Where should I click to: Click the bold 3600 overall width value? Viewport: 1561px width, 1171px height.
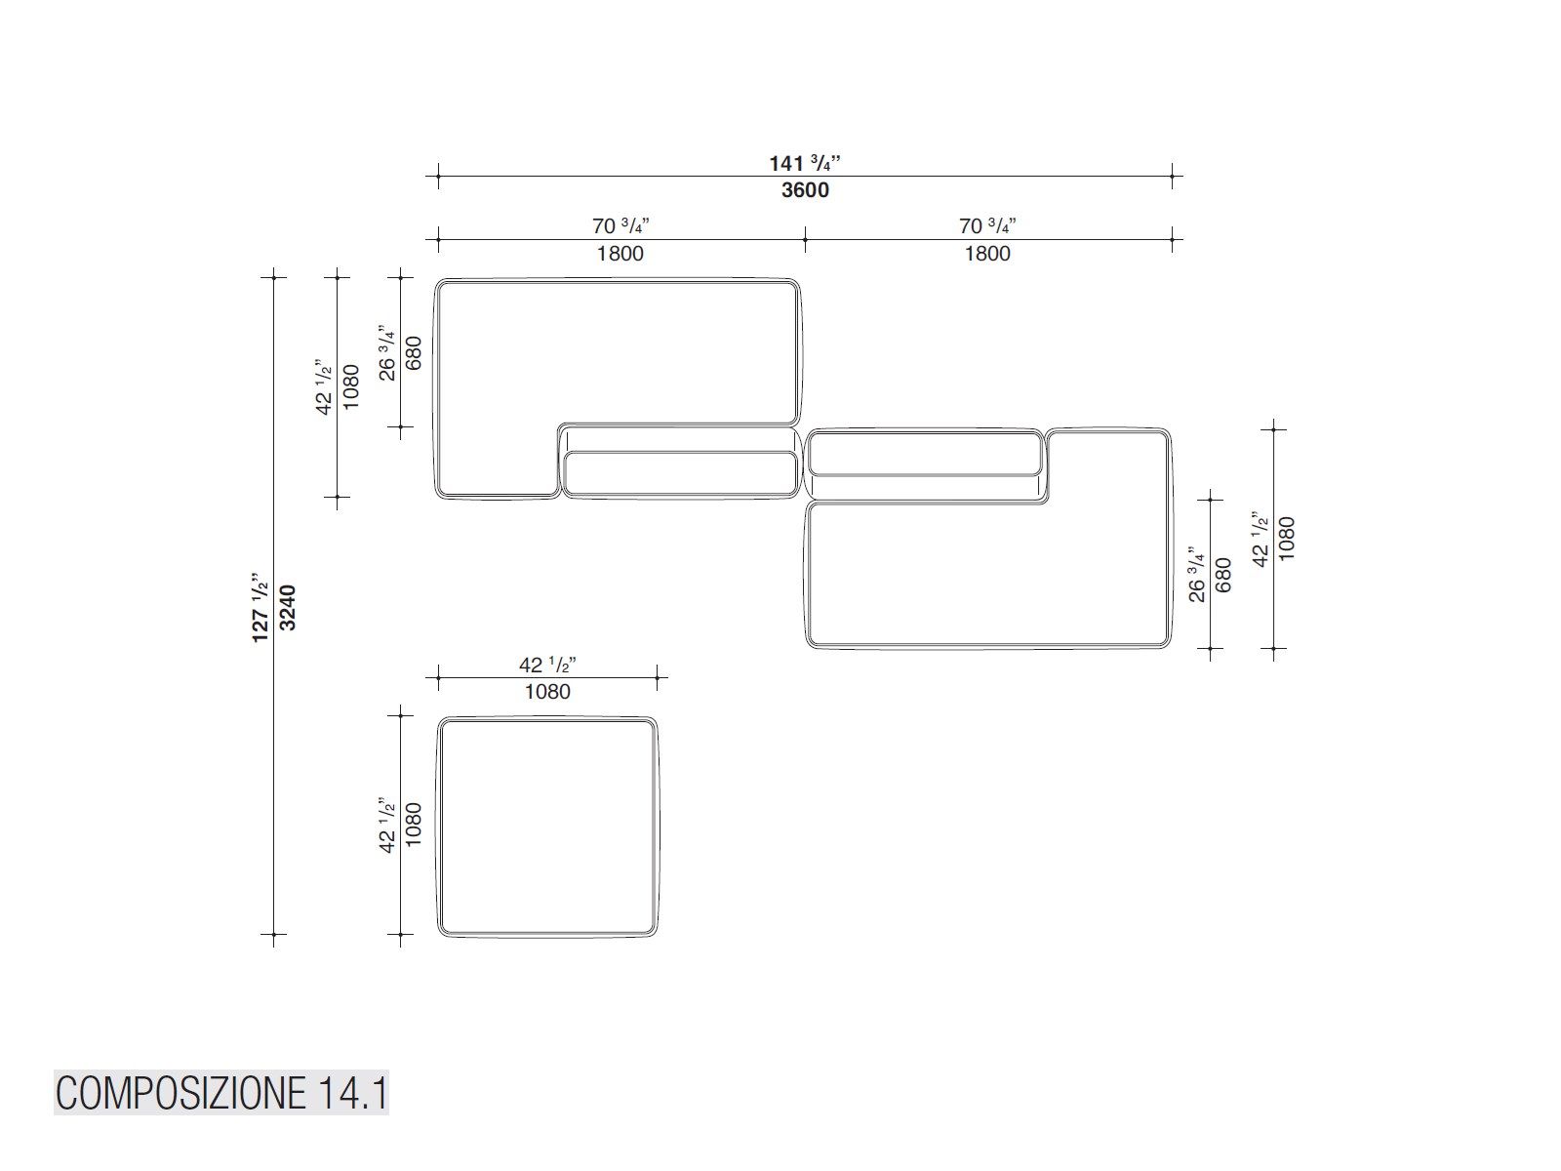tap(805, 190)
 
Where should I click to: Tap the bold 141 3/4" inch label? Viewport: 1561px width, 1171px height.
tap(805, 163)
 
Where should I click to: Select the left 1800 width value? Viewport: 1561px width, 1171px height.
tap(620, 254)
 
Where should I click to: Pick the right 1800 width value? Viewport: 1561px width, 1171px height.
tap(987, 254)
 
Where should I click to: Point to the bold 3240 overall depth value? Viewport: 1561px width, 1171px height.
tap(288, 607)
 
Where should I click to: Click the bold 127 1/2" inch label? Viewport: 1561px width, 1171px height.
tap(260, 607)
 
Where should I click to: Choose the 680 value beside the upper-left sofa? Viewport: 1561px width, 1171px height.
tap(414, 352)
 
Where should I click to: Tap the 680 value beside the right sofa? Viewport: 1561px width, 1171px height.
tap(1223, 575)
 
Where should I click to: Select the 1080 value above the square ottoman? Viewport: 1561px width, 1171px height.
tap(547, 692)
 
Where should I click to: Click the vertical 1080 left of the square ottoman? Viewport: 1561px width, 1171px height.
tap(414, 825)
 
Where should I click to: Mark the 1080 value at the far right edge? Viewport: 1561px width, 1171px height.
tap(1287, 539)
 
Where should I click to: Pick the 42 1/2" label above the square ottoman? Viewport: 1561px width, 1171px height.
tap(547, 665)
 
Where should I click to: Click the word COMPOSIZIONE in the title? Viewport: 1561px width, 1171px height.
tap(182, 1093)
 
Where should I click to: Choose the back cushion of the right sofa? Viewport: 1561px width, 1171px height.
tap(925, 453)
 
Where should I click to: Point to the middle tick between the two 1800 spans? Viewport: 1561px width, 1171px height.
tap(805, 240)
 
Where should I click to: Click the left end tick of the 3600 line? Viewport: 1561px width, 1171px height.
tap(438, 176)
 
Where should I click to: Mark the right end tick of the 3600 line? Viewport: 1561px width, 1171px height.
tap(1172, 176)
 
